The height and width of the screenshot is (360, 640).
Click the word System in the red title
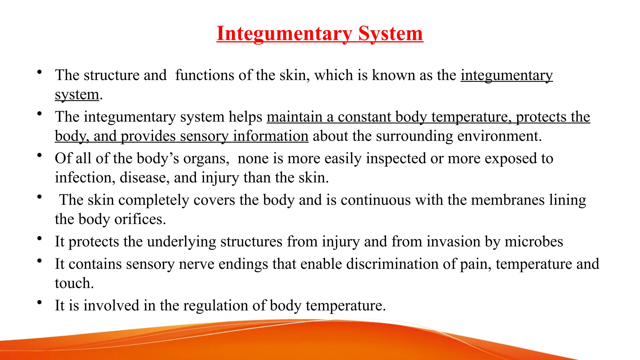[x=390, y=33]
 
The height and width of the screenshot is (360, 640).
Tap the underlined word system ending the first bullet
[x=77, y=94]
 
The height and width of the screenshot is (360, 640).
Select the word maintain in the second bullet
[x=294, y=117]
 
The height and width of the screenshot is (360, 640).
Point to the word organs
[x=206, y=159]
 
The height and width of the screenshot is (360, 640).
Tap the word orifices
[x=140, y=219]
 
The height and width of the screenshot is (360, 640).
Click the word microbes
[x=534, y=242]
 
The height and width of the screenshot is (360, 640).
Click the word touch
[x=74, y=283]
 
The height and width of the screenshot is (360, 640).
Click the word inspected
[x=396, y=159]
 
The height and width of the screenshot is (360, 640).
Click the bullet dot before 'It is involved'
[x=39, y=302]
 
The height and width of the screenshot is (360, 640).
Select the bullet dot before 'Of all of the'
[x=39, y=155]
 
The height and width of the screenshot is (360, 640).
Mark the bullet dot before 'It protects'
[x=39, y=238]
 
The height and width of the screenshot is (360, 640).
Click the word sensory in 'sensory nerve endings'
[x=150, y=264]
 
